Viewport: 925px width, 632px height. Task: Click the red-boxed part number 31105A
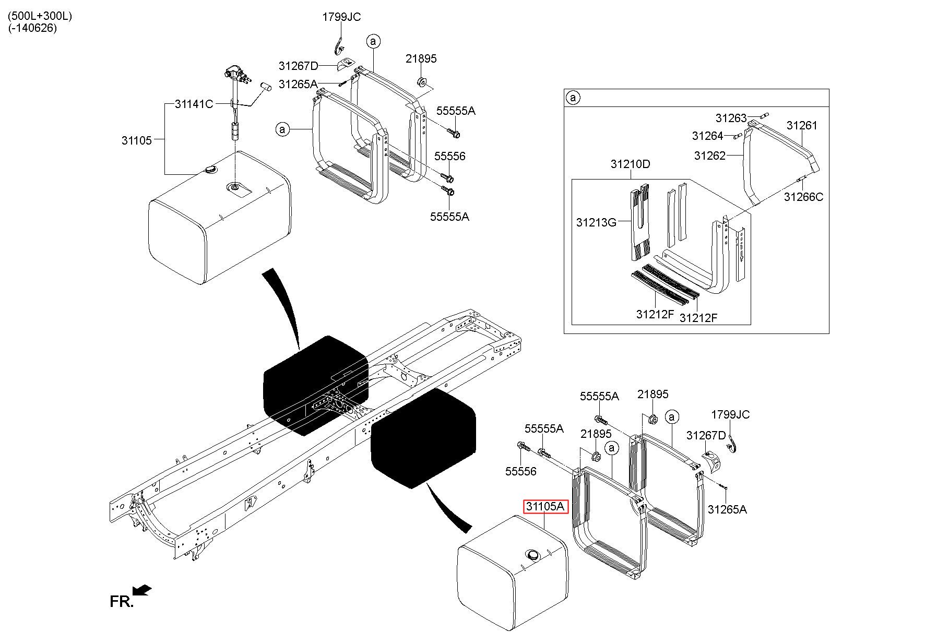(x=545, y=506)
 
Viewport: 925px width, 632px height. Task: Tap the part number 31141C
(x=194, y=104)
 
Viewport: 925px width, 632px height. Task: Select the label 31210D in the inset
(x=631, y=164)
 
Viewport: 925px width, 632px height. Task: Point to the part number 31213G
(x=596, y=222)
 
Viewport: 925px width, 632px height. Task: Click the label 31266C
(x=803, y=197)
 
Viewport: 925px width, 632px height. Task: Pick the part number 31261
(x=802, y=125)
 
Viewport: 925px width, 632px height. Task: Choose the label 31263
(x=731, y=118)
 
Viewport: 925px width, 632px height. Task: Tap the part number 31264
(x=708, y=136)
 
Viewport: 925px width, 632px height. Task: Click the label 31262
(x=710, y=155)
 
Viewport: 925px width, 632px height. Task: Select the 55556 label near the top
(x=450, y=156)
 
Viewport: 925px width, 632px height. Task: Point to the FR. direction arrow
(x=142, y=590)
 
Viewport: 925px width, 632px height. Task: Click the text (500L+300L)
(x=40, y=16)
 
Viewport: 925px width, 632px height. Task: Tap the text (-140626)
(x=32, y=28)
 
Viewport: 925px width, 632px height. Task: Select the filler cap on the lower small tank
(x=532, y=555)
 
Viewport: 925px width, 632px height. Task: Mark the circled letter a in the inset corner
(x=573, y=98)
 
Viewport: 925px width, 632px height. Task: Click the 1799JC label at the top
(x=341, y=17)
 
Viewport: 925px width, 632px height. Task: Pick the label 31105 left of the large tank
(x=137, y=140)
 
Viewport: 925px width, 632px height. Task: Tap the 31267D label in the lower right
(x=706, y=435)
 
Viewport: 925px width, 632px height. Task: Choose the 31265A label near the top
(x=298, y=84)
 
